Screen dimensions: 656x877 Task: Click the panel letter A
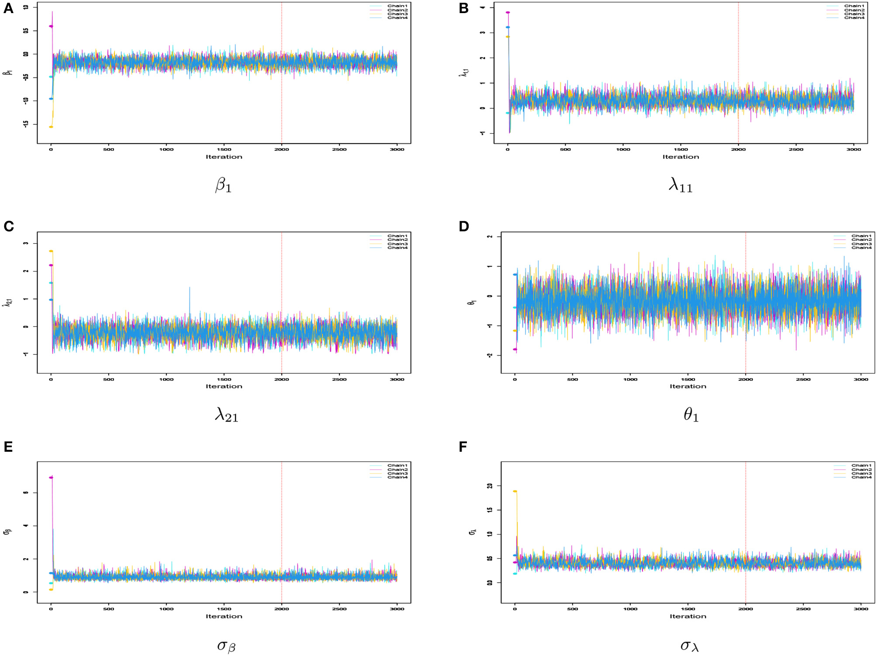pos(8,8)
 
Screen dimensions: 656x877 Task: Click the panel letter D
pos(464,226)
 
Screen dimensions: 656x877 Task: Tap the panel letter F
pos(463,446)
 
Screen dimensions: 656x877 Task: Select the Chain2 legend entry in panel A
pos(397,10)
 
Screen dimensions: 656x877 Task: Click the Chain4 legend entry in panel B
pos(854,18)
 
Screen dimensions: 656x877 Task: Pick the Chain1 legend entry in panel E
pos(397,465)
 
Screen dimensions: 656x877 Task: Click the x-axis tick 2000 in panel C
pos(281,379)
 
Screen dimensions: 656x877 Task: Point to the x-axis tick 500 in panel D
pos(572,379)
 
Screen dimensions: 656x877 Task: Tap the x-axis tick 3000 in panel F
pos(860,609)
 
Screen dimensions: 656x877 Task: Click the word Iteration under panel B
pos(680,157)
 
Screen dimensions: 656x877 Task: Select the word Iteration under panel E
pos(224,616)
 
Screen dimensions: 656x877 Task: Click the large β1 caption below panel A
pos(223,185)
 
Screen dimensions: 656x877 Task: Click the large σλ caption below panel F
pos(689,646)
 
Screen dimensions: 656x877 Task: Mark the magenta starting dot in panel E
pos(51,477)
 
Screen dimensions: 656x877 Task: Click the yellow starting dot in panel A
pos(51,127)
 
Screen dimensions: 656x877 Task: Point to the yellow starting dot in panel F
pos(515,491)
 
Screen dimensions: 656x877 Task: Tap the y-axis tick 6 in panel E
pos(26,492)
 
